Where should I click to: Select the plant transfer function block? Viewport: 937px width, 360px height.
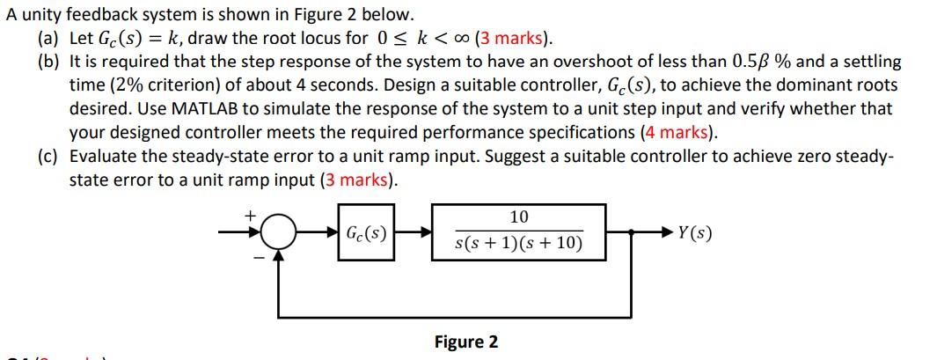[518, 232]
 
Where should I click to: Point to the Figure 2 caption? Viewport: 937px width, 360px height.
[465, 342]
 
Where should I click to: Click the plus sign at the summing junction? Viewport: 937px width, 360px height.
[250, 215]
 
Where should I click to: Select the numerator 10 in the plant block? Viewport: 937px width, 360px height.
[518, 217]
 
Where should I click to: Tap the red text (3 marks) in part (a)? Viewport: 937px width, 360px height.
[515, 38]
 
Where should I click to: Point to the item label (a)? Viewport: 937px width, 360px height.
[48, 38]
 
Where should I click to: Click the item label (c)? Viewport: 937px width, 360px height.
[48, 157]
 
